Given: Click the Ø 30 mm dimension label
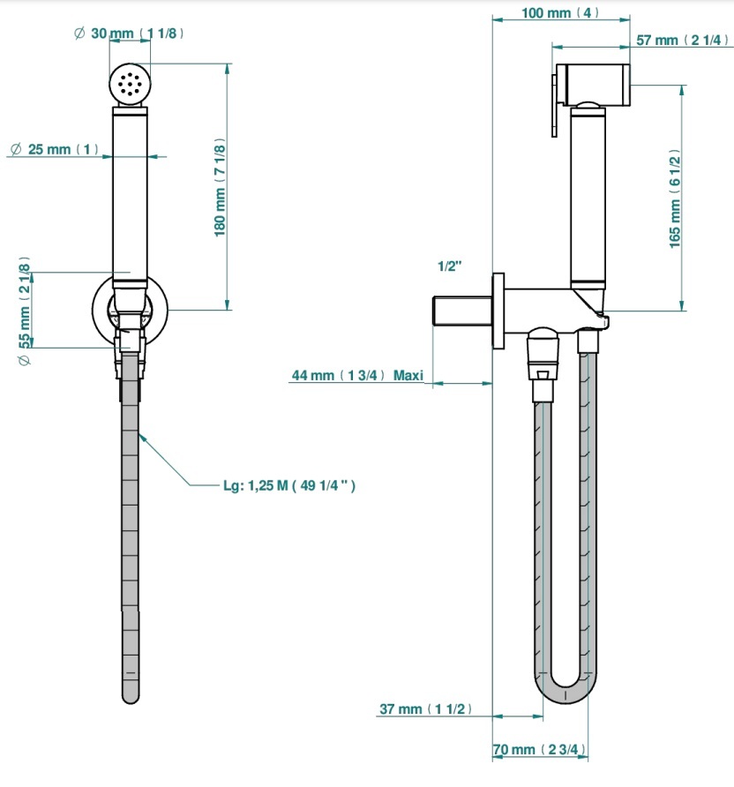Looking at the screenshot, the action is point(129,34).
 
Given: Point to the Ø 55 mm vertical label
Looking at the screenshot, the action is point(24,311).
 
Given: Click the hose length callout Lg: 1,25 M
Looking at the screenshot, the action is point(289,485).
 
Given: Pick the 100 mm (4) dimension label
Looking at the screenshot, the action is point(560,12).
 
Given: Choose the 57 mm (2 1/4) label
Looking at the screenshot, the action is point(682,41).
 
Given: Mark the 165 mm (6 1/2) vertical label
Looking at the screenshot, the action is point(675,199).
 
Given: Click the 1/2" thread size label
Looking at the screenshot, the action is point(450,266).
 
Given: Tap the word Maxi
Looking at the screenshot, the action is point(408,375).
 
